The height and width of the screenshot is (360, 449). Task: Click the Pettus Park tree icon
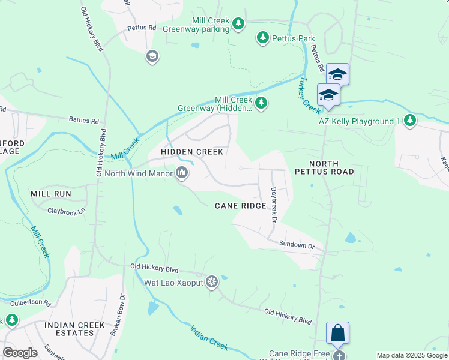[x=263, y=38]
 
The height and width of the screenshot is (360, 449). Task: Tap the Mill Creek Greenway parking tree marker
[x=239, y=24]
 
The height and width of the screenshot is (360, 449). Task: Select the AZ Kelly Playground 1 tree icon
[x=410, y=121]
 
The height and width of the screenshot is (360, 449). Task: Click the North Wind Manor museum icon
[x=182, y=174]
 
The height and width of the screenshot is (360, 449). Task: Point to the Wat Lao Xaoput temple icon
[x=211, y=282]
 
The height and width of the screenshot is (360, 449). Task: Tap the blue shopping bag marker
[x=337, y=334]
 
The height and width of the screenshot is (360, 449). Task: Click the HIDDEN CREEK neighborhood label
[x=192, y=152]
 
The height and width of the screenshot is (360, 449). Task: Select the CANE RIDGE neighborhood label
[x=241, y=206]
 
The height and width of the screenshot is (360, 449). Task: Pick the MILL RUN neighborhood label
[x=51, y=194]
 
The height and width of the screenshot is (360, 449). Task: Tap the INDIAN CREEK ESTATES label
[x=75, y=329]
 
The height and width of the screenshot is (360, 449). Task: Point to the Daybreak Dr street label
[x=273, y=206]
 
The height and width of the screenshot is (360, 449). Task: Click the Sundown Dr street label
[x=297, y=245]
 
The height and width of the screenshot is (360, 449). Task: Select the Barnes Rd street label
[x=83, y=121]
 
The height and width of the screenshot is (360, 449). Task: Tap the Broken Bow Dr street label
[x=118, y=314]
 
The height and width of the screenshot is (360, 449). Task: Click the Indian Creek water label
[x=209, y=337]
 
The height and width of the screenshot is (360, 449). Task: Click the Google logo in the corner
[x=20, y=353]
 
